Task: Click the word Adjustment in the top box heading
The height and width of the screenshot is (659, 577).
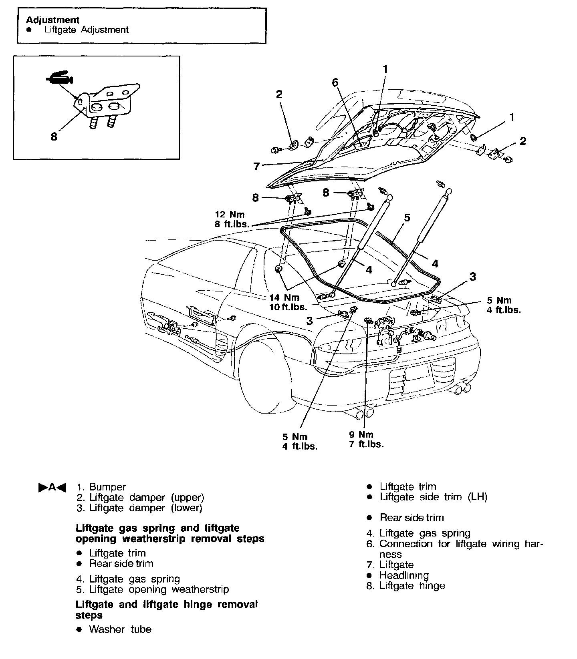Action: coord(52,20)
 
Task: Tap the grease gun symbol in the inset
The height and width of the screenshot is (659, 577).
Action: coord(59,78)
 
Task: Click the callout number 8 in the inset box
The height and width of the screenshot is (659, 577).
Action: coord(54,137)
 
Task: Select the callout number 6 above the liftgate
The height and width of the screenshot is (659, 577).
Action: coord(335,83)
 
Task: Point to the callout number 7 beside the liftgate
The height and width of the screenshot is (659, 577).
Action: coord(257,166)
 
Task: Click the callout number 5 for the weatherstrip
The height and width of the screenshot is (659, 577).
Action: coord(407,218)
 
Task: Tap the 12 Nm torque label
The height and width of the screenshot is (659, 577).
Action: coord(230,215)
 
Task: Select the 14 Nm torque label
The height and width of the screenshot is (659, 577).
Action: coord(284,297)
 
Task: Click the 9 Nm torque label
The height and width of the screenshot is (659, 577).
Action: coord(361,434)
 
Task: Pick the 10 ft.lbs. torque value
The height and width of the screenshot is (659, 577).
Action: coord(288,307)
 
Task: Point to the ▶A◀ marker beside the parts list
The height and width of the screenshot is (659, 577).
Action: coord(52,487)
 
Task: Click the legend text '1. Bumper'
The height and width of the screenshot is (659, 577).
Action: coord(101,487)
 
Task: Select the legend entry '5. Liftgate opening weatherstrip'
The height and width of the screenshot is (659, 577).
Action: coord(153,589)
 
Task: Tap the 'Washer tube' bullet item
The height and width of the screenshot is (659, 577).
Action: coord(120,629)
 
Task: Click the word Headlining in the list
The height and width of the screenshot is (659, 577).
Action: coord(404,575)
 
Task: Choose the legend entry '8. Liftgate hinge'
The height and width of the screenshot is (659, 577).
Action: coord(406,586)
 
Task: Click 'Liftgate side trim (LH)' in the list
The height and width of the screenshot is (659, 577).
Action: coord(433,497)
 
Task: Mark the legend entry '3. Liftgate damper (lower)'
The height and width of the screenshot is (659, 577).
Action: coord(139,508)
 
